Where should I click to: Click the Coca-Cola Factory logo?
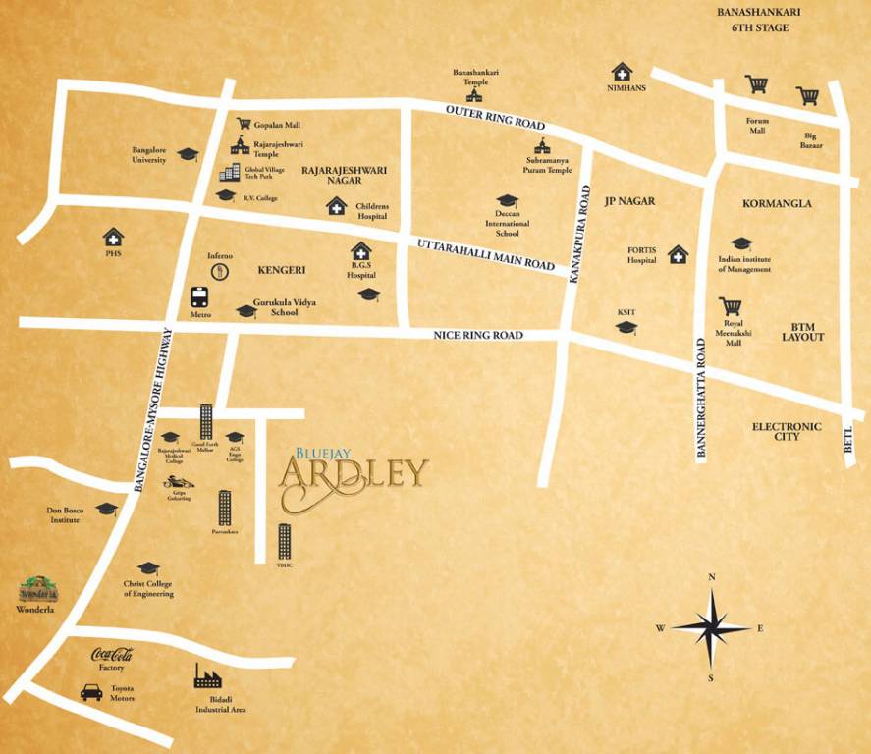(x=112, y=656)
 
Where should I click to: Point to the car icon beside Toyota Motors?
(x=91, y=692)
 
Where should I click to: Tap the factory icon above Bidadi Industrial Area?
(x=207, y=674)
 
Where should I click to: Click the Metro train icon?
(x=199, y=296)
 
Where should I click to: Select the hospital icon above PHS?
(x=113, y=237)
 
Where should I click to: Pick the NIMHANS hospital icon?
(x=622, y=72)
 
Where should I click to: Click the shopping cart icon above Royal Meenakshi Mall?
(x=730, y=307)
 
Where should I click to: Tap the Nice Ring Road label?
(x=478, y=336)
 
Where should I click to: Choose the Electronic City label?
(x=786, y=431)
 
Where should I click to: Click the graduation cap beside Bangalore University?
(x=188, y=156)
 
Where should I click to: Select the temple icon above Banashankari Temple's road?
(x=475, y=94)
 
